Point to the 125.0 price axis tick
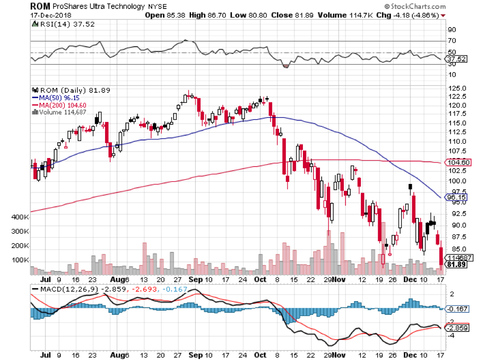tap(457, 88)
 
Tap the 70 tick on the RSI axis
tap(453, 41)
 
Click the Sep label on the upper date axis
tap(195, 279)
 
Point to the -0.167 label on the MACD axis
tap(457, 308)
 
